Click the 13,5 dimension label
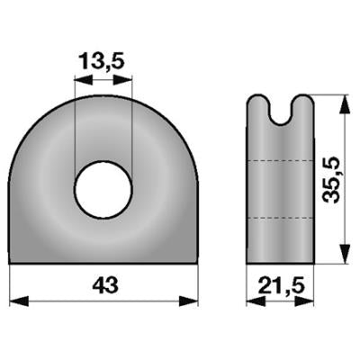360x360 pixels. pyautogui.click(x=102, y=62)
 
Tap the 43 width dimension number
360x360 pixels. pyautogui.click(x=105, y=285)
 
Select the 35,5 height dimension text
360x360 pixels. pyautogui.click(x=332, y=180)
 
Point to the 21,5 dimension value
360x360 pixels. pyautogui.click(x=282, y=285)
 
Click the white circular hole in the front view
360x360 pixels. pyautogui.click(x=103, y=189)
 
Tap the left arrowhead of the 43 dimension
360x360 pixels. pyautogui.click(x=19, y=301)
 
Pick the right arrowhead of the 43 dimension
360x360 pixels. pyautogui.click(x=189, y=301)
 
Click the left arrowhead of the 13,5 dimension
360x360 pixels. pyautogui.click(x=84, y=80)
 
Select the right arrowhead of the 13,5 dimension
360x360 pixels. pyautogui.click(x=122, y=80)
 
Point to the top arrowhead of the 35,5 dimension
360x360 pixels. pyautogui.click(x=346, y=104)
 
